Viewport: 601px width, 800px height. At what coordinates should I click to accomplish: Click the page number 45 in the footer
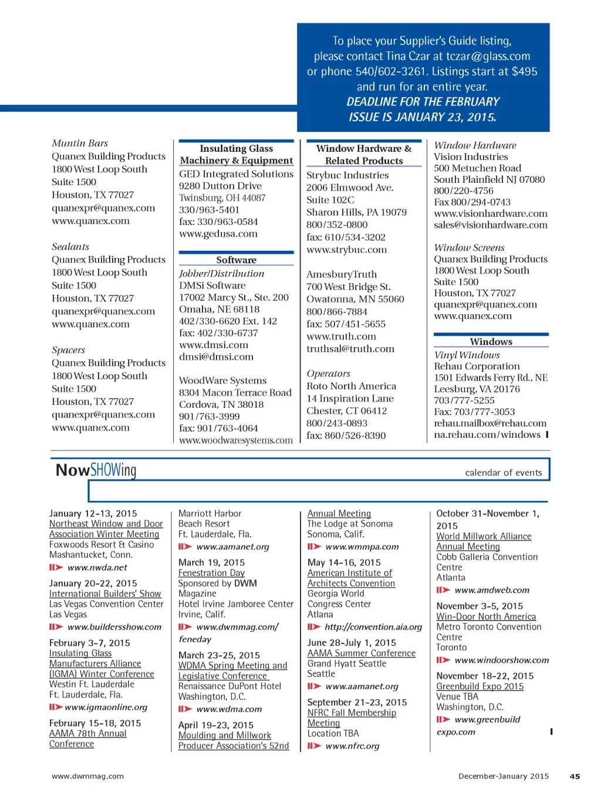coord(575,776)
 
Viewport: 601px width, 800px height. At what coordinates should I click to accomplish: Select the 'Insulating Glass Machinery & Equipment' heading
coord(236,155)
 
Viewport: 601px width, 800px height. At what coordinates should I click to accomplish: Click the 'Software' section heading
coord(236,260)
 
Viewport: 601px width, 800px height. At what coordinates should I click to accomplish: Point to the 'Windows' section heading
coord(491,342)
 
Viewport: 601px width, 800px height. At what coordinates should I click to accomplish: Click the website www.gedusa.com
coord(218,234)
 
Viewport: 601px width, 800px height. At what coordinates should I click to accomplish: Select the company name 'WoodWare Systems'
coord(222,380)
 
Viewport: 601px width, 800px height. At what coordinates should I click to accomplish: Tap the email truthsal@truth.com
coord(350,349)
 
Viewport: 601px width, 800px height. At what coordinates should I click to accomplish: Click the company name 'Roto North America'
coord(351,386)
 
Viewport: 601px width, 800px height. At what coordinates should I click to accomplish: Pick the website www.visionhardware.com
coord(491,213)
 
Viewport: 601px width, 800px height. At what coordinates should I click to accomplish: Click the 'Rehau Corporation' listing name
coord(477,366)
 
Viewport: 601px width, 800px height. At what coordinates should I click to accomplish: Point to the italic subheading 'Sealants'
coord(70,247)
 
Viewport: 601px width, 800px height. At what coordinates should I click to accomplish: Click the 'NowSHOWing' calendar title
coord(96,470)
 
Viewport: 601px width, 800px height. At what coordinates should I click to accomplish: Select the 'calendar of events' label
coord(504,472)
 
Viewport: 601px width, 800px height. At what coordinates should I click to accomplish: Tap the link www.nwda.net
coord(97,567)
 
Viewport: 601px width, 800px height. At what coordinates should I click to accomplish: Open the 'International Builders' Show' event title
coord(105,594)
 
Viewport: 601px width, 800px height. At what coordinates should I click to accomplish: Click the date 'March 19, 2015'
coord(211,562)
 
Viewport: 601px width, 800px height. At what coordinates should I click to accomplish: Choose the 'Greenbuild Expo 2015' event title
coord(480,686)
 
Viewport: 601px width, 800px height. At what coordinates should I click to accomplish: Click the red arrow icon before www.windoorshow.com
coord(443,660)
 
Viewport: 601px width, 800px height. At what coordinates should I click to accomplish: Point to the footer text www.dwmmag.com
coord(87,776)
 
